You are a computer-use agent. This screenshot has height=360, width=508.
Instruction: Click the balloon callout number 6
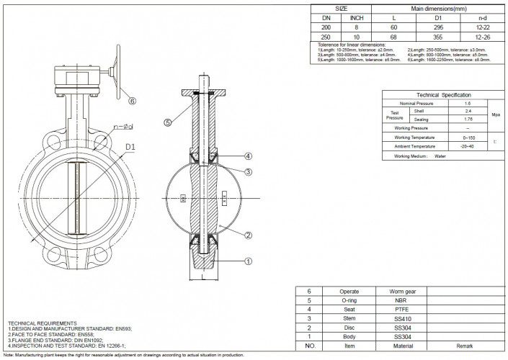(x=132, y=101)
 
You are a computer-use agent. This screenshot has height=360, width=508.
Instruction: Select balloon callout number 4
(x=247, y=156)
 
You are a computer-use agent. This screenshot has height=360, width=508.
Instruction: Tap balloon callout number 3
(x=247, y=171)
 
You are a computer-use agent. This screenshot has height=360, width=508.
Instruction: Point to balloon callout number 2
(x=247, y=235)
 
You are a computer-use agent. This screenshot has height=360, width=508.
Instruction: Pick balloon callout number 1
(x=247, y=261)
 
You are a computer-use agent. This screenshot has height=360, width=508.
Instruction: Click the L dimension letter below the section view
(x=205, y=275)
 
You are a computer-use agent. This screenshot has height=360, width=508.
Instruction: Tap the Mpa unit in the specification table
(x=495, y=115)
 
